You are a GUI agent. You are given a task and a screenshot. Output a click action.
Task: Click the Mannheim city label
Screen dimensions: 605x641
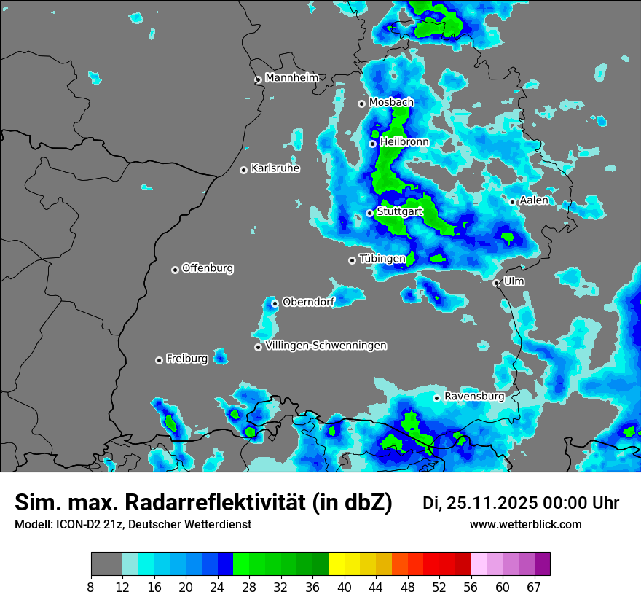[292, 78]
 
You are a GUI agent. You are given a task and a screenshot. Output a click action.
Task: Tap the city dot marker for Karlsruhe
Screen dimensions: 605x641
[243, 170]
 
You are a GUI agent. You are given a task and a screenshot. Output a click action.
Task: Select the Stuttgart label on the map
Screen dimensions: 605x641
[400, 211]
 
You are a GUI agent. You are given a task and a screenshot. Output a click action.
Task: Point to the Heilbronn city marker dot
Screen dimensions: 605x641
[372, 144]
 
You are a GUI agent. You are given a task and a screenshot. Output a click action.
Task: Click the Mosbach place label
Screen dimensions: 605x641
[391, 103]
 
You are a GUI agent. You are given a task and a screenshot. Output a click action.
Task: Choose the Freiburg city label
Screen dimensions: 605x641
[187, 359]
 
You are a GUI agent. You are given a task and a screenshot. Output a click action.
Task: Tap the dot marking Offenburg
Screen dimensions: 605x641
[175, 270]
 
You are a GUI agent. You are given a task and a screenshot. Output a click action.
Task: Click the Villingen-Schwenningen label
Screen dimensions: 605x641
[326, 346]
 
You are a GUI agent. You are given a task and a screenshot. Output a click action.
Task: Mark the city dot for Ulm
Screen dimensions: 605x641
[496, 283]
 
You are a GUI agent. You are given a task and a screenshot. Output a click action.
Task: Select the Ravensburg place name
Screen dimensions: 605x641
[474, 397]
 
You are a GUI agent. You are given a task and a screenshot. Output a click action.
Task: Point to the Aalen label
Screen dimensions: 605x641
[534, 200]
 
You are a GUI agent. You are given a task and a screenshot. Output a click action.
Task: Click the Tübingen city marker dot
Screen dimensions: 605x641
[352, 260]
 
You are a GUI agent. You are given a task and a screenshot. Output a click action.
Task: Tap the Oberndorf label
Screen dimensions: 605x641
[308, 302]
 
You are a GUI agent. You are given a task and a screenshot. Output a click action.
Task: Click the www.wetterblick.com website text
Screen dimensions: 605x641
[525, 525]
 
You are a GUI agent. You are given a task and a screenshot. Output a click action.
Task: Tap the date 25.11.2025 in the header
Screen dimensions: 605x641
[489, 503]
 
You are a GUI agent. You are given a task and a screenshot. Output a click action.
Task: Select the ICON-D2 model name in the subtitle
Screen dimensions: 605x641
[76, 525]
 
